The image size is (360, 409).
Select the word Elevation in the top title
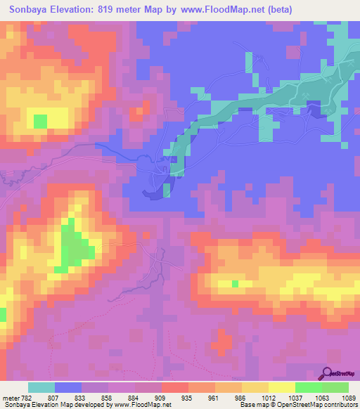79,10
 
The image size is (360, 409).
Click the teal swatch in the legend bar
41,387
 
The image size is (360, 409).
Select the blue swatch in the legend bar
68,387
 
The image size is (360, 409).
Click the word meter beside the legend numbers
10,398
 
